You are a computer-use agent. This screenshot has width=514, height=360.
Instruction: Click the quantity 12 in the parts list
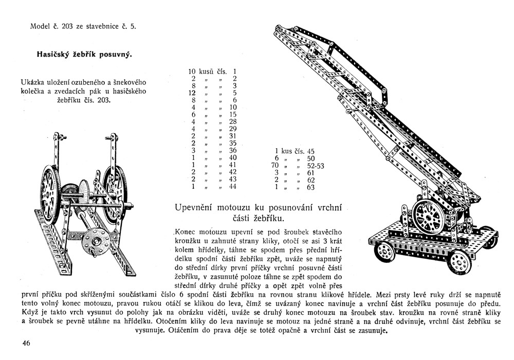(192, 94)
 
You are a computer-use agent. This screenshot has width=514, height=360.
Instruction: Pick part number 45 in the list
(310, 152)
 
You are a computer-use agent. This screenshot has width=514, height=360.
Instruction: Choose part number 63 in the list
(310, 188)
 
